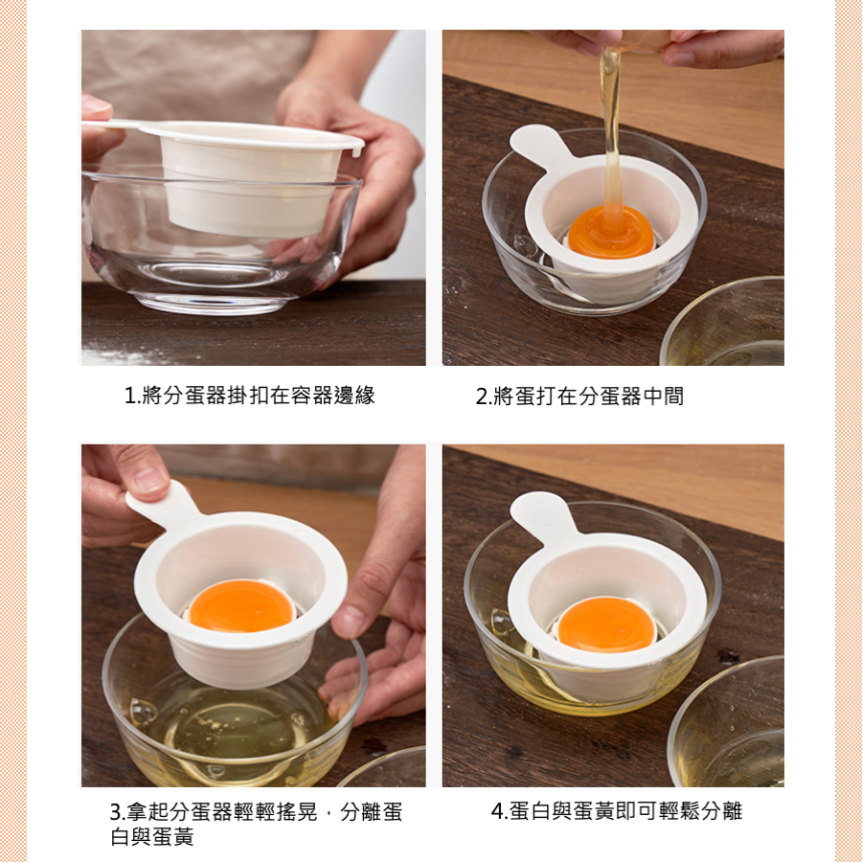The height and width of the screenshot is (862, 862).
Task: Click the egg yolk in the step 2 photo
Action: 611,233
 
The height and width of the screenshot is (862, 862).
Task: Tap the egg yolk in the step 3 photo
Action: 241,605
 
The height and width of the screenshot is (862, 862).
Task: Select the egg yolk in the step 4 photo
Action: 605,624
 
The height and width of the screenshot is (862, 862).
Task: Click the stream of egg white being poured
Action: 611,126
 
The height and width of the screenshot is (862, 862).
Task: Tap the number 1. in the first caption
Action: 131,396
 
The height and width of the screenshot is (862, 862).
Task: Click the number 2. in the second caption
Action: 483,397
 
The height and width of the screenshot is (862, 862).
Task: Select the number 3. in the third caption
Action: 117,812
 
